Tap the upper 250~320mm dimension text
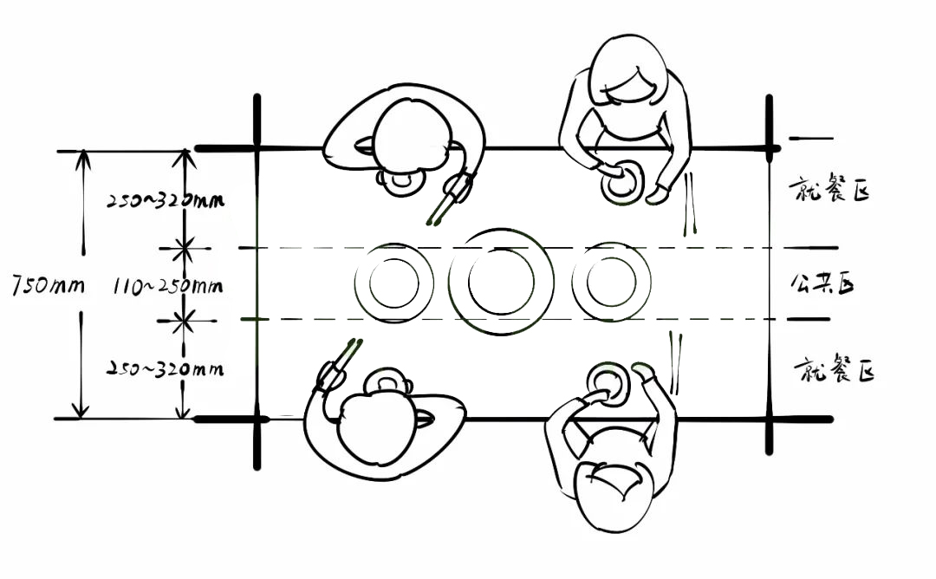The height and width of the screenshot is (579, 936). click(x=166, y=200)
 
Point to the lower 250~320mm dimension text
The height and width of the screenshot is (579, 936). click(x=166, y=368)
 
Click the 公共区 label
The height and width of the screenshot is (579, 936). click(x=822, y=283)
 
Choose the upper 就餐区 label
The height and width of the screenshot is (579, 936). click(x=828, y=190)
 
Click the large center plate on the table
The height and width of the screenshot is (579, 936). click(x=501, y=282)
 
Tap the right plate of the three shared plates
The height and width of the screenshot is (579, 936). click(x=612, y=282)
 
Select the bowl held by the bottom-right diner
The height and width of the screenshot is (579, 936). click(x=608, y=384)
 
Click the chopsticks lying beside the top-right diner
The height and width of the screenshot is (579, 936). click(x=692, y=205)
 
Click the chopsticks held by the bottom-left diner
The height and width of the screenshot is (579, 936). click(x=338, y=365)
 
